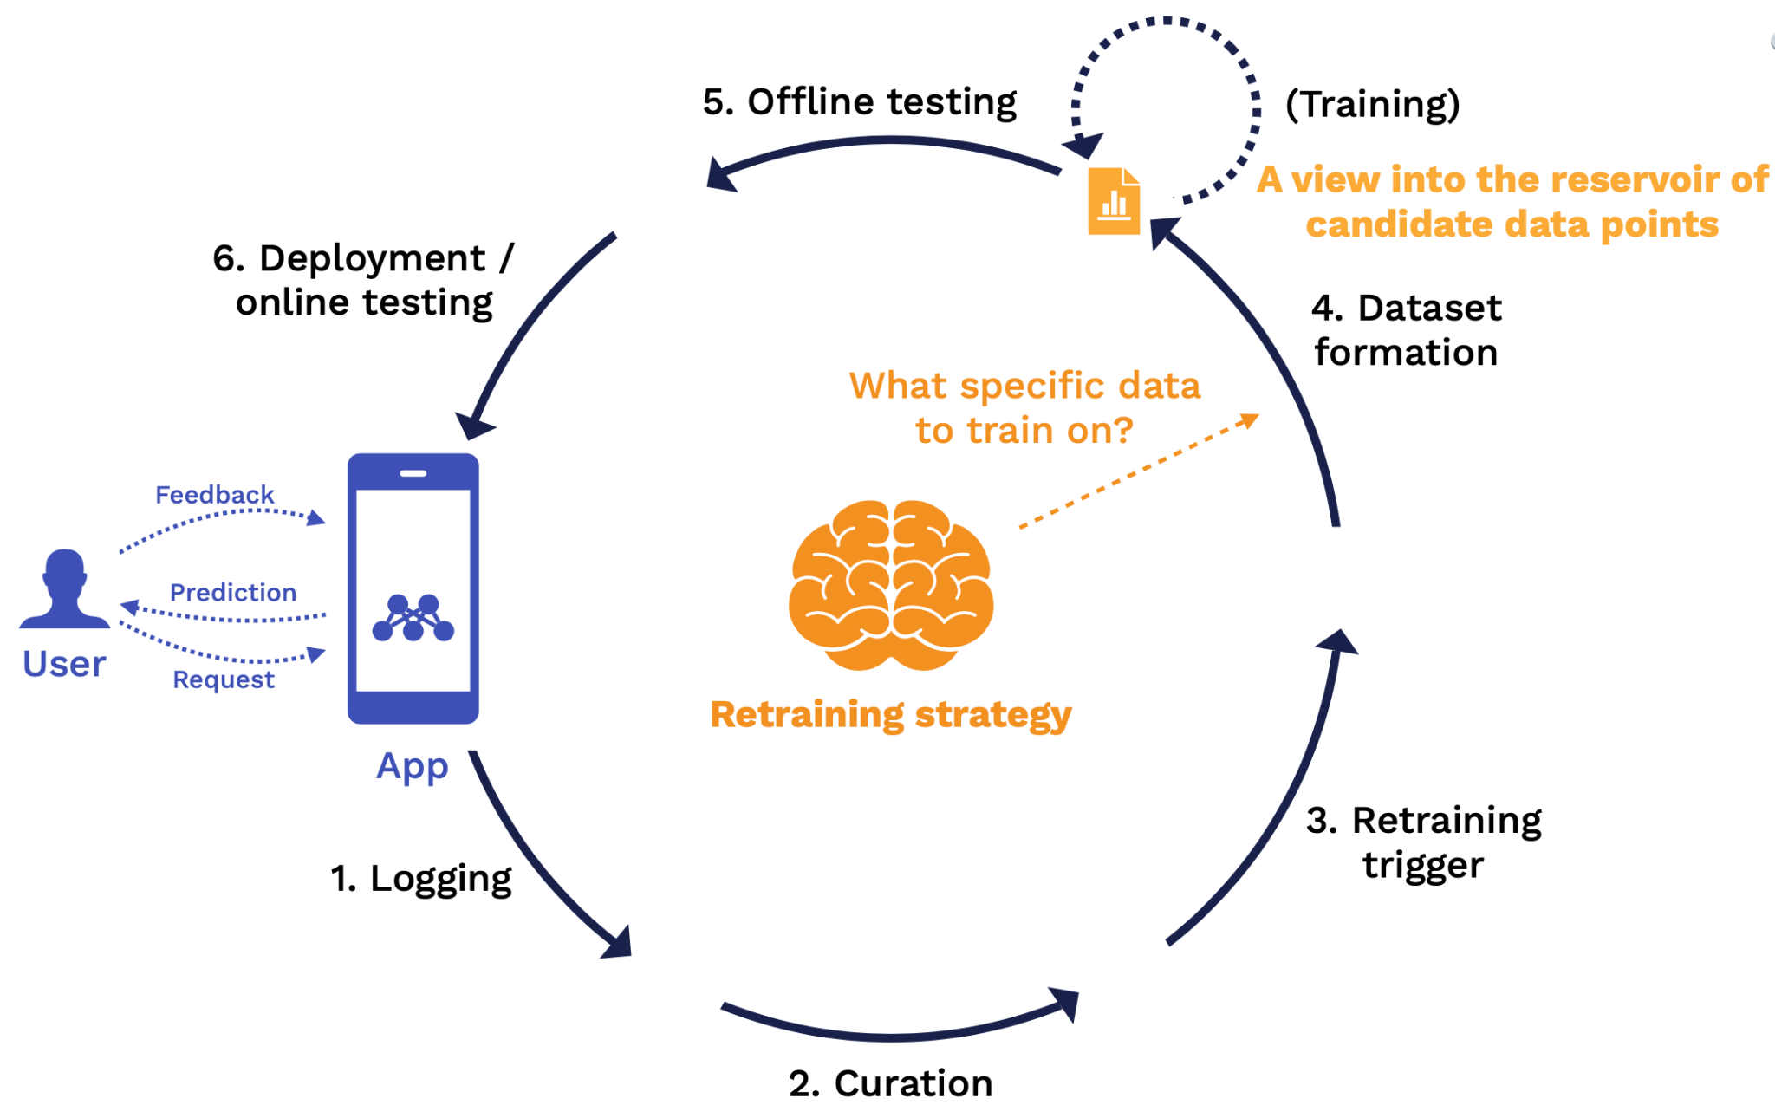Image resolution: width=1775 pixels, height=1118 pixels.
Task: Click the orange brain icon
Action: point(891,584)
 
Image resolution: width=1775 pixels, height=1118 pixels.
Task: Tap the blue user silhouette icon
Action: point(65,589)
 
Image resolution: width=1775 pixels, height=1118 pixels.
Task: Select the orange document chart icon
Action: point(1114,201)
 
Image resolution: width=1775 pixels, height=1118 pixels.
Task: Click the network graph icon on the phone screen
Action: point(413,618)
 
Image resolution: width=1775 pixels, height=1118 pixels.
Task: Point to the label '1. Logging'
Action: point(421,879)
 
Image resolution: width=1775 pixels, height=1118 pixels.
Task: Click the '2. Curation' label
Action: point(890,1083)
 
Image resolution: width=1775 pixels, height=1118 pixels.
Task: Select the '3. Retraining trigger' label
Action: point(1424,842)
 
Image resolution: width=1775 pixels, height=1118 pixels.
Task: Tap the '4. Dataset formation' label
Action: point(1407,330)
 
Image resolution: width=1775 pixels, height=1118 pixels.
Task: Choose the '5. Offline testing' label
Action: point(859,102)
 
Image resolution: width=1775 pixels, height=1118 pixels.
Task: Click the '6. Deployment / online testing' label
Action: point(364,280)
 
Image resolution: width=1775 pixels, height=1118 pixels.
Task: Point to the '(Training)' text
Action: point(1372,104)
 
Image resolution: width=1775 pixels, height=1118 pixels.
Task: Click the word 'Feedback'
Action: point(215,495)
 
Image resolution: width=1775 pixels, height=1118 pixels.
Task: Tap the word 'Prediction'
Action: point(233,593)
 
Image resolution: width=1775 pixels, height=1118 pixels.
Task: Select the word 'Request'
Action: point(224,679)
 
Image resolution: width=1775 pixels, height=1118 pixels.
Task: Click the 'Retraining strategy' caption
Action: point(891,715)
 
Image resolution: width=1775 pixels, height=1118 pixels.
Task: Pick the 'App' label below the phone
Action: point(413,766)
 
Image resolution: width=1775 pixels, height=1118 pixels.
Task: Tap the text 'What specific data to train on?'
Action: point(1024,408)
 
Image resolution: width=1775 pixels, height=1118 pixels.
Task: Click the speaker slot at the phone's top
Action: point(413,473)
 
